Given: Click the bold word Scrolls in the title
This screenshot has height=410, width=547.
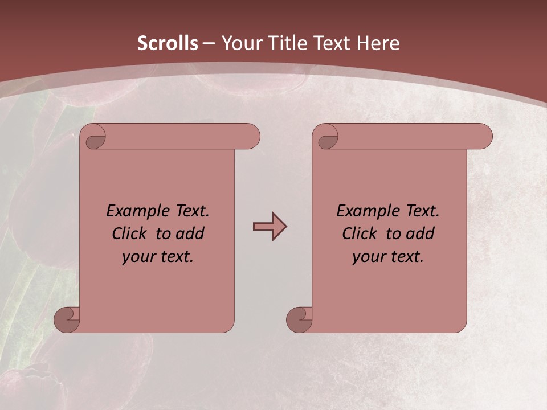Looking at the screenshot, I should point(168,43).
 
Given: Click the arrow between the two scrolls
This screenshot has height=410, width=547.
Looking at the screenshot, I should point(270,226).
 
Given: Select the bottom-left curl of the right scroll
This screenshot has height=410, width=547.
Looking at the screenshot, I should point(300,319).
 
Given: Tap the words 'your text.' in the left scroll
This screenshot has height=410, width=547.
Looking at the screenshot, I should point(158,256).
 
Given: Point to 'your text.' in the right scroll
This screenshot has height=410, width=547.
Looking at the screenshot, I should point(388,256).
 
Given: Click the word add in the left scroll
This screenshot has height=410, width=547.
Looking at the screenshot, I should point(190,233).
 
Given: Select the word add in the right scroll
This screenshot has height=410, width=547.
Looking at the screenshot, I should point(420,233).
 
